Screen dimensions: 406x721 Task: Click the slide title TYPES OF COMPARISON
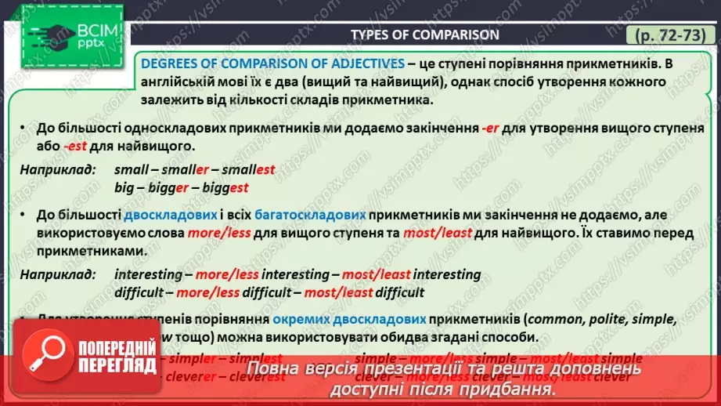(424, 34)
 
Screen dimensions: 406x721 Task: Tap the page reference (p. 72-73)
(668, 35)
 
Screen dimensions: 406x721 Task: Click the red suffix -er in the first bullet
(491, 127)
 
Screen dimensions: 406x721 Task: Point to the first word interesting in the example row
(142, 274)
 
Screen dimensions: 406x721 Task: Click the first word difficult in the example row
(139, 293)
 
